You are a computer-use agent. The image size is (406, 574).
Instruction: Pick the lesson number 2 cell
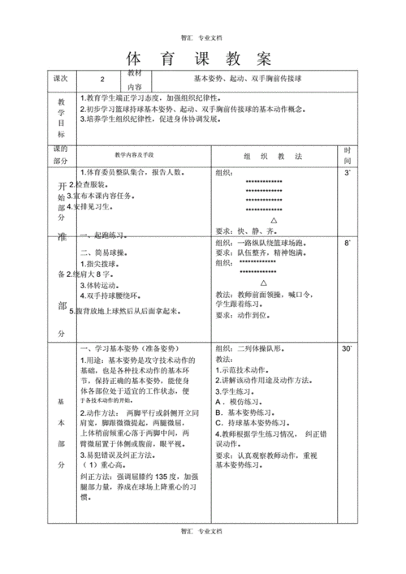tap(102, 80)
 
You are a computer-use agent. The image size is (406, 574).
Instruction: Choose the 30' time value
tap(348, 348)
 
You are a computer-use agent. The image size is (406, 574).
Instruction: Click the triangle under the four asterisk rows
tap(273, 219)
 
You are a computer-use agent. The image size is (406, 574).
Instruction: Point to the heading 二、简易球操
tap(105, 253)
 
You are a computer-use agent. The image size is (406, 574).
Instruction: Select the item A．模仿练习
tap(241, 401)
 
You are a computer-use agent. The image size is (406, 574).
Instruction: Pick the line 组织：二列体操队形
tap(255, 348)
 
